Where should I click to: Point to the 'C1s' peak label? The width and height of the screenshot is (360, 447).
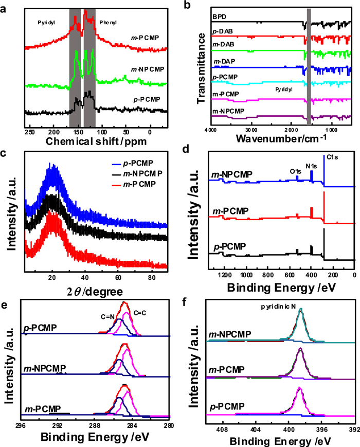click(x=333, y=156)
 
